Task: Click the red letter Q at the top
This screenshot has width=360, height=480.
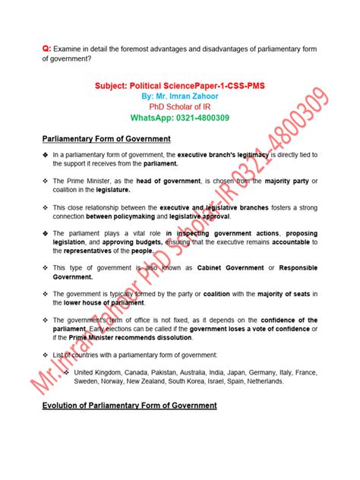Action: coord(46,49)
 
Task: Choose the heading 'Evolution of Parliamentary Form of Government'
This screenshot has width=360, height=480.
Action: coord(130,406)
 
